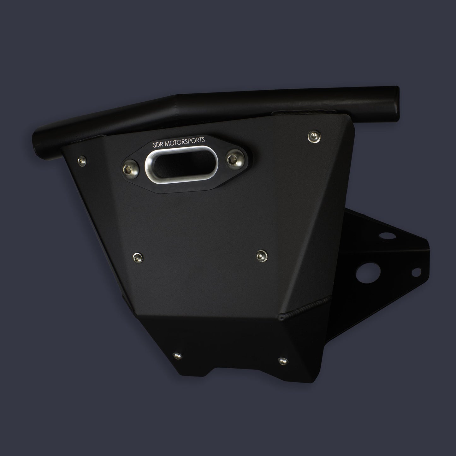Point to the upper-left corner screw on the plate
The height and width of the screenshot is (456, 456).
click(x=82, y=161)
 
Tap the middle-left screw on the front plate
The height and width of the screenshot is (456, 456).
click(x=138, y=258)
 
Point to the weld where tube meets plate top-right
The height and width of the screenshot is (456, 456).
click(x=303, y=112)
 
